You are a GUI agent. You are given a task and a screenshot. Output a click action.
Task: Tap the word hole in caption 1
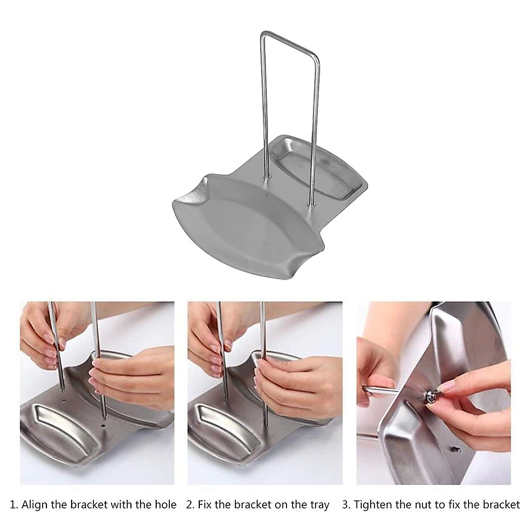click(164, 505)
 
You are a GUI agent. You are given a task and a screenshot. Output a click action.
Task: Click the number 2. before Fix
click(191, 505)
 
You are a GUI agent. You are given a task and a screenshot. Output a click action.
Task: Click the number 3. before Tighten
click(347, 505)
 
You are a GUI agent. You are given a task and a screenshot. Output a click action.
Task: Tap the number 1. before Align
click(15, 505)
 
